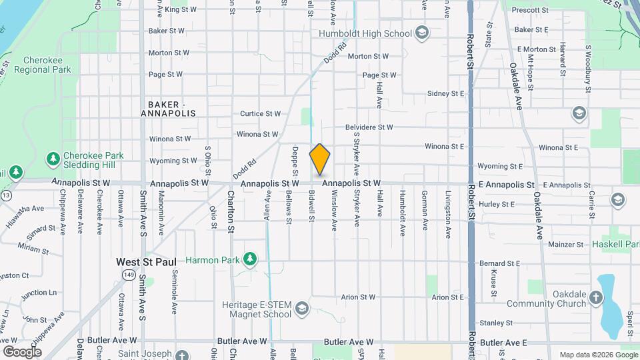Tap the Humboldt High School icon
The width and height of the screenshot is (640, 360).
[421, 33]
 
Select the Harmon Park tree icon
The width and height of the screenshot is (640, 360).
[250, 259]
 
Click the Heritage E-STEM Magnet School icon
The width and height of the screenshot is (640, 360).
[302, 308]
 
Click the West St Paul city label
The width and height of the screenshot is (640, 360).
[146, 262]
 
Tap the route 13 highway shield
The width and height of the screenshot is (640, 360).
[6, 195]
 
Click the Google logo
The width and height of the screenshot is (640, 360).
[22, 351]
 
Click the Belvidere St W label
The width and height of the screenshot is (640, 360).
[369, 127]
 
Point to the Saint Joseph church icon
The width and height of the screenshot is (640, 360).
[182, 354]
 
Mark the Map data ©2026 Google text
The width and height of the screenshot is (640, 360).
[598, 355]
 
